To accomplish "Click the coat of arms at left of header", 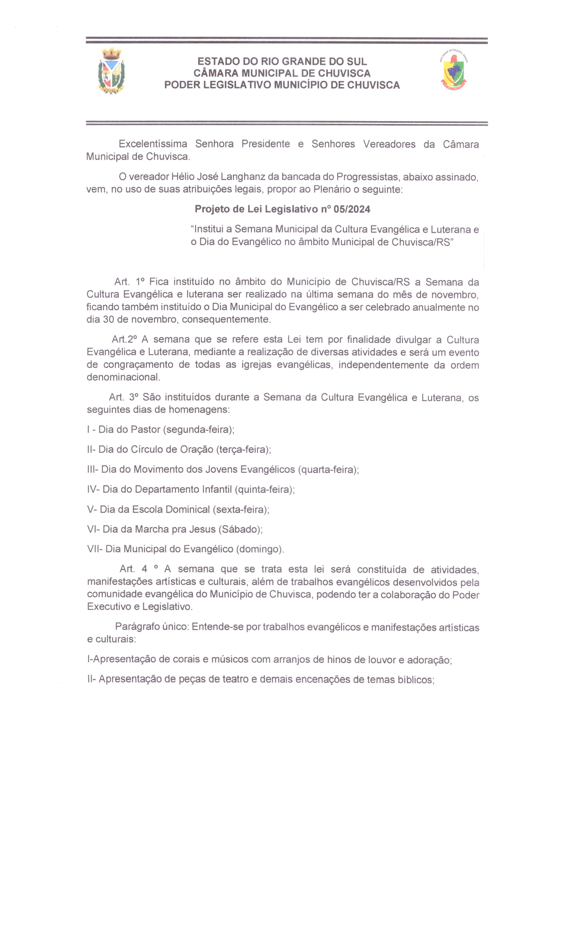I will click(111, 71).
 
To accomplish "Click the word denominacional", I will click(123, 377).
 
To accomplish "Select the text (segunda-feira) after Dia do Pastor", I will click(198, 429).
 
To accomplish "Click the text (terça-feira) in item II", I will click(244, 450).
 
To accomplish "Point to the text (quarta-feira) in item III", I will click(328, 469).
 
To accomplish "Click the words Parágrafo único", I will click(152, 627).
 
